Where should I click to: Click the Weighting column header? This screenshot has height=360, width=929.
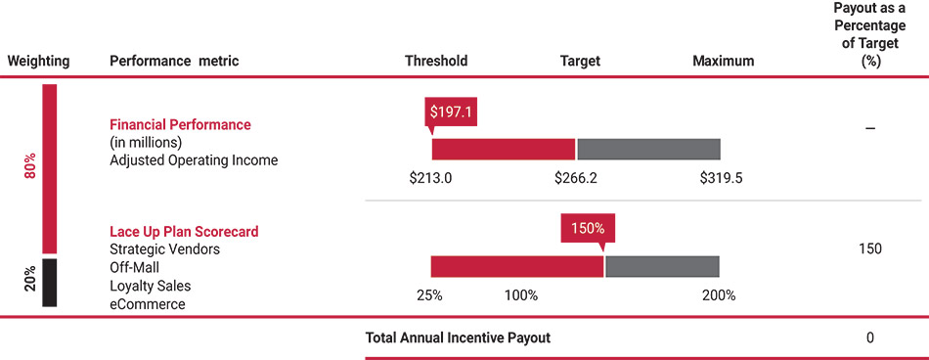click(38, 61)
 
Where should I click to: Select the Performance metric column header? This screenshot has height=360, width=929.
click(174, 61)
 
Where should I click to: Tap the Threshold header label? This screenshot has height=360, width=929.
click(436, 61)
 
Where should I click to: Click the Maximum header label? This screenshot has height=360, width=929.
click(723, 61)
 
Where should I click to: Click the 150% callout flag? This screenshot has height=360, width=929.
click(587, 228)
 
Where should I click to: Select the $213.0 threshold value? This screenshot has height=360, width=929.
click(430, 178)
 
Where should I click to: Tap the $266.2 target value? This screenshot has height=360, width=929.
click(575, 178)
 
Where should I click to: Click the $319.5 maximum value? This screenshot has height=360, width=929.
click(721, 178)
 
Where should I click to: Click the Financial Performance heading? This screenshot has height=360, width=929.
click(180, 124)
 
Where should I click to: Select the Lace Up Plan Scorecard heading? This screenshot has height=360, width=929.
click(183, 232)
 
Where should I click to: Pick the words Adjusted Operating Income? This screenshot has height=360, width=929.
click(194, 160)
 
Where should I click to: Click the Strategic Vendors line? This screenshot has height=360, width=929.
click(164, 249)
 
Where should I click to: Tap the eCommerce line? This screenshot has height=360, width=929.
click(147, 304)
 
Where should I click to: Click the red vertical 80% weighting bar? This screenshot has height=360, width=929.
click(50, 168)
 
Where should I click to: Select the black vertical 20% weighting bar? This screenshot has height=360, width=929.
click(50, 283)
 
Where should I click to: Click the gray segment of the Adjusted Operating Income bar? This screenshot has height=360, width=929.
click(648, 149)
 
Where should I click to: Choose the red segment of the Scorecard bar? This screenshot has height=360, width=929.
click(516, 266)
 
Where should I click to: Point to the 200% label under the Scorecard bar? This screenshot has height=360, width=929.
click(719, 295)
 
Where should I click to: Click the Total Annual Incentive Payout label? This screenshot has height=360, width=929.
click(458, 337)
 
